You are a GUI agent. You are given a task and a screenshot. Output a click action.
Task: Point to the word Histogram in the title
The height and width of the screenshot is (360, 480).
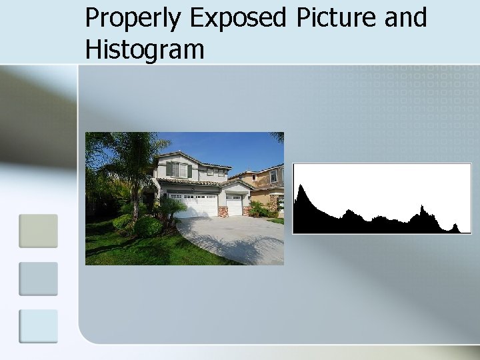click(145, 49)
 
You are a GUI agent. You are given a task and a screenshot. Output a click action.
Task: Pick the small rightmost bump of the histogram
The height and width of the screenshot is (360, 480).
click(455, 227)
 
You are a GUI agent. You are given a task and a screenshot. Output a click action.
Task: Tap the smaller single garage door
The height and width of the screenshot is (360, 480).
click(234, 205)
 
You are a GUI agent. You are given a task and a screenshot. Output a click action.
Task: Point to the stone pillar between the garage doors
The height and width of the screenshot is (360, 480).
click(223, 211)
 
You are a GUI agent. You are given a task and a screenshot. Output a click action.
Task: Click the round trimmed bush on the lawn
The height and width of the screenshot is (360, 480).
click(147, 227)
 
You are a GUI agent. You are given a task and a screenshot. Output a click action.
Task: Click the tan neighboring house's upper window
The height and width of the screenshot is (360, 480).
click(273, 176)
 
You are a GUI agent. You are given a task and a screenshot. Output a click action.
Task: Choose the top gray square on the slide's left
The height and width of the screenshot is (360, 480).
click(38, 231)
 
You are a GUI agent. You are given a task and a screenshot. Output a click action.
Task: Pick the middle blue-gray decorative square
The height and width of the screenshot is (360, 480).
click(38, 279)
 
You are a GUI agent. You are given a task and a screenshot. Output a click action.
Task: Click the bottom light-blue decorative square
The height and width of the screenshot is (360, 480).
click(38, 326)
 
